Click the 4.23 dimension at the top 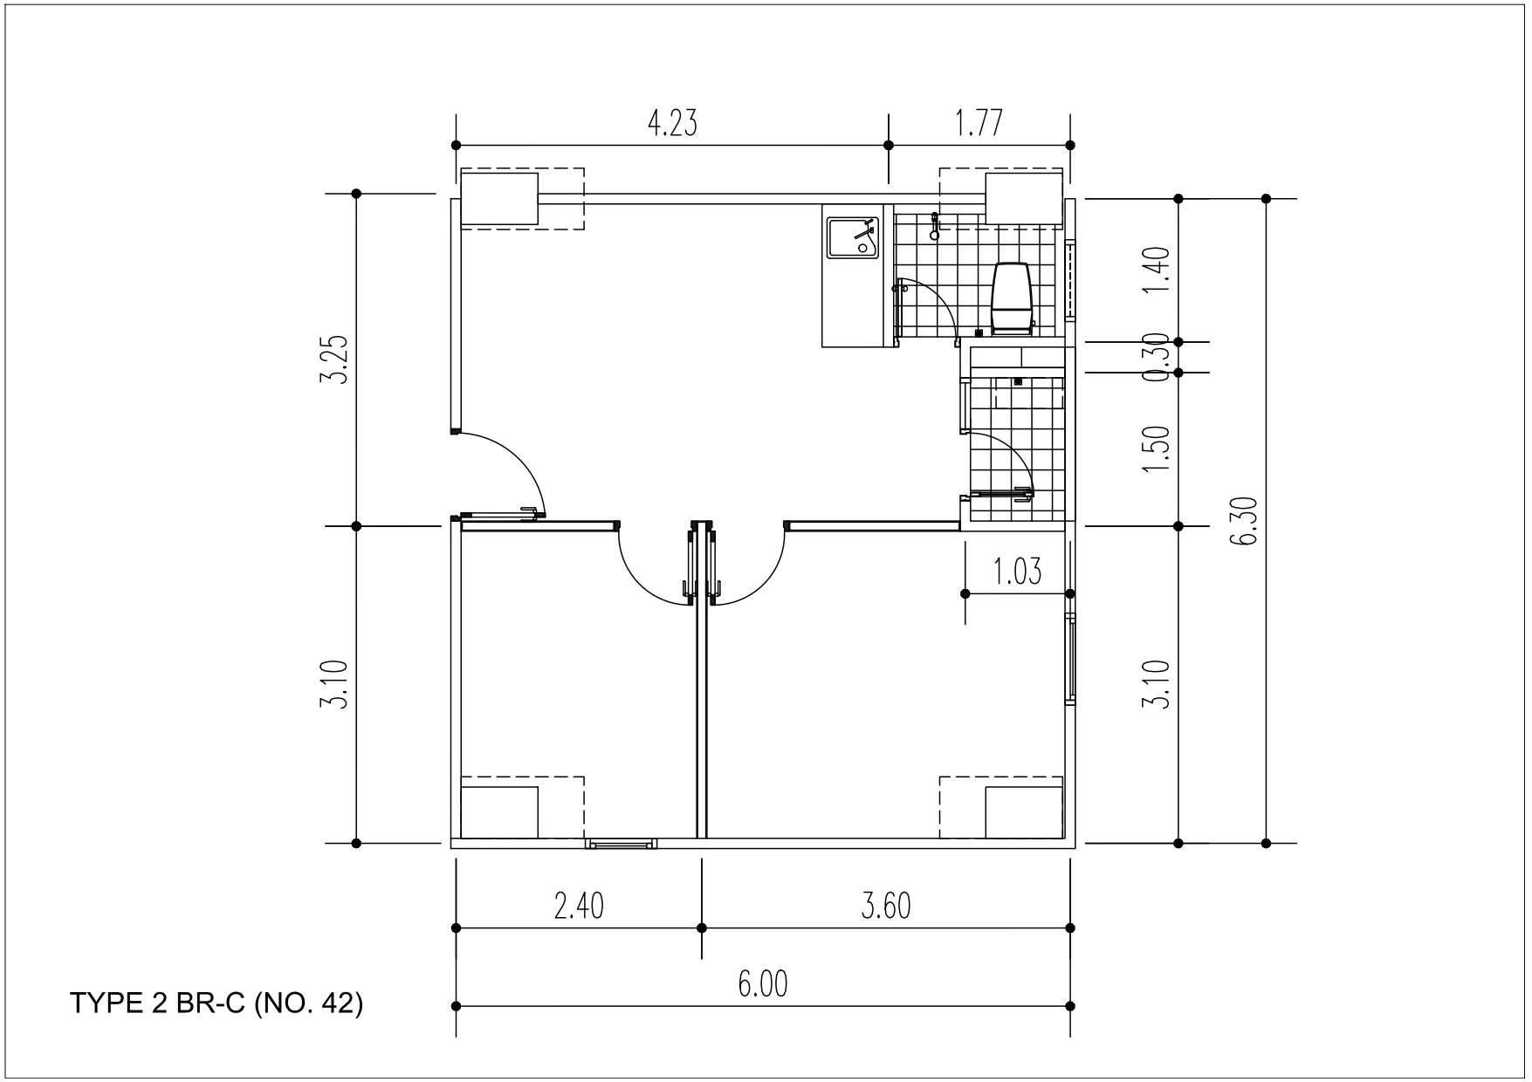(x=671, y=124)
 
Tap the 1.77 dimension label (x=979, y=124)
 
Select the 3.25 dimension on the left (x=334, y=360)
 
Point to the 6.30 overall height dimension (x=1243, y=521)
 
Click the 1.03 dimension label (x=1018, y=572)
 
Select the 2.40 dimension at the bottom (x=579, y=907)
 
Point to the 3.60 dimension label (x=886, y=907)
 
